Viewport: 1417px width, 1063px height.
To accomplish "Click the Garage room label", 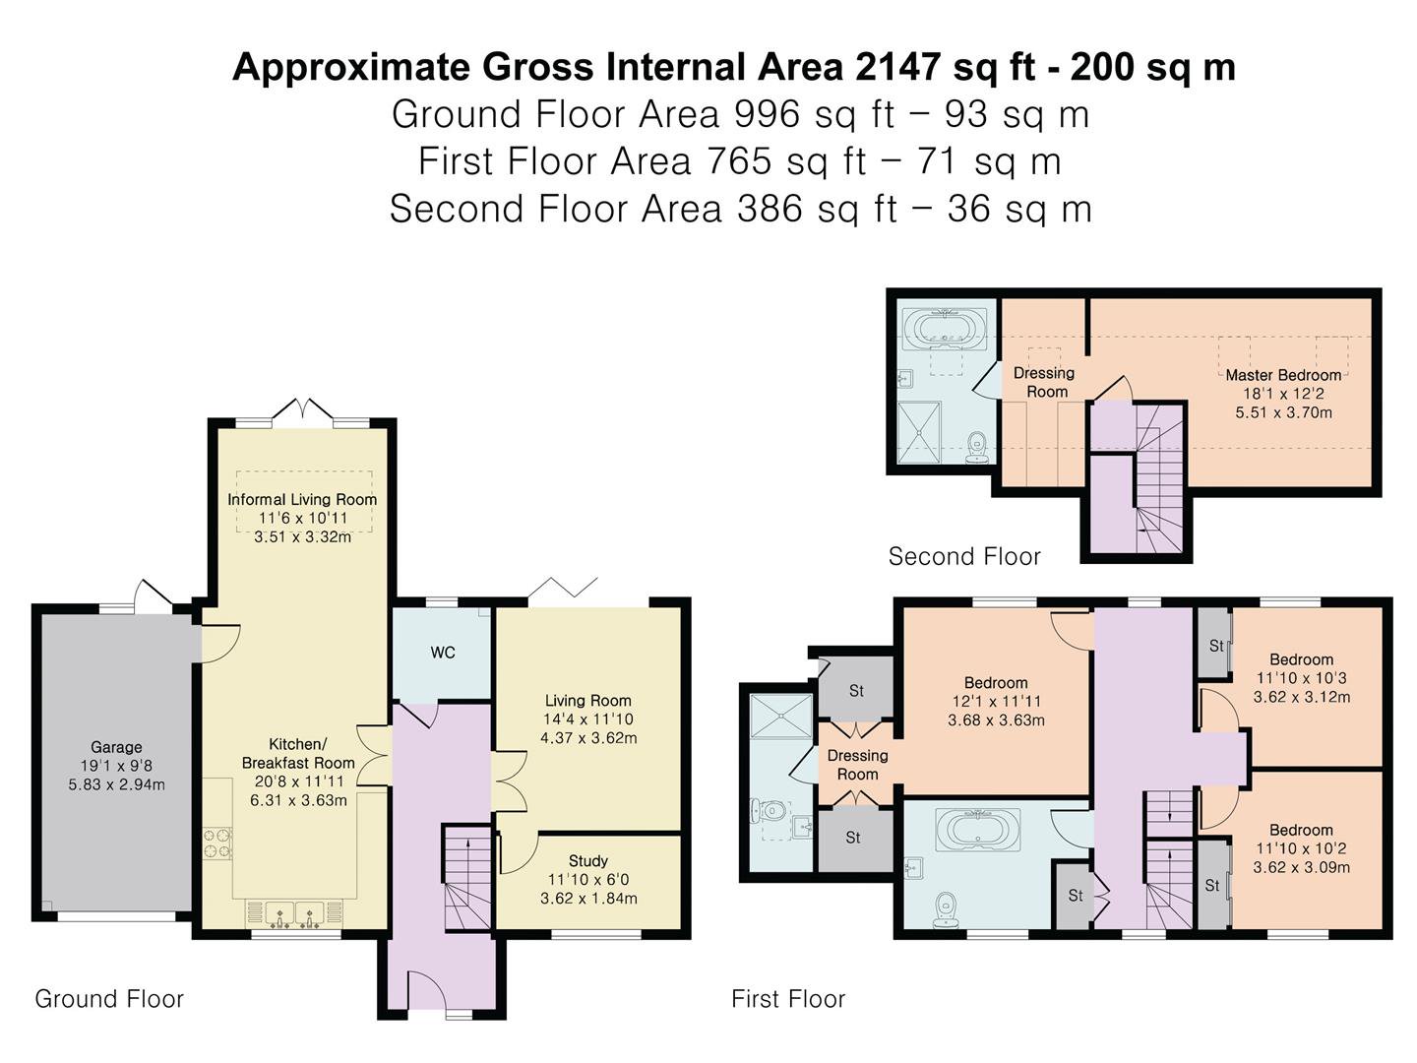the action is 116,747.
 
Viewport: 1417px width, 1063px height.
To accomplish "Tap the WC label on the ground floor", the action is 443,653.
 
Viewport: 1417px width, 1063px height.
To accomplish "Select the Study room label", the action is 588,860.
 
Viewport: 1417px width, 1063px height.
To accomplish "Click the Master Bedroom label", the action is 1283,375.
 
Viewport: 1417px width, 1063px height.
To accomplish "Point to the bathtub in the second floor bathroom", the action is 945,330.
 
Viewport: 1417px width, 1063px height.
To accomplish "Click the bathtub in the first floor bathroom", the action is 978,828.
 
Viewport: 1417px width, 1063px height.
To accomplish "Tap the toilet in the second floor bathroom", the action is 977,447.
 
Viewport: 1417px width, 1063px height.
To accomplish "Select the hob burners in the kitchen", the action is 217,844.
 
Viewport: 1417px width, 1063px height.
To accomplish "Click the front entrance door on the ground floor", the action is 427,991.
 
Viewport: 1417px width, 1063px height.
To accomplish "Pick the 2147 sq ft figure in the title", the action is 945,67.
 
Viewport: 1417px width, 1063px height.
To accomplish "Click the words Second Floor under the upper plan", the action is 964,556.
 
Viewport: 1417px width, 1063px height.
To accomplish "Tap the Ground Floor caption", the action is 109,999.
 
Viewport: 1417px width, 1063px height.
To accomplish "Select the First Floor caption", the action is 788,999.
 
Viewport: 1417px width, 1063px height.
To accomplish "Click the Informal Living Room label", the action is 302,499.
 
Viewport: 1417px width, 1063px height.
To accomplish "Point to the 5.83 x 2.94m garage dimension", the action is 117,784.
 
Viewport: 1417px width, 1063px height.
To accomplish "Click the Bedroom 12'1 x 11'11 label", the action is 996,701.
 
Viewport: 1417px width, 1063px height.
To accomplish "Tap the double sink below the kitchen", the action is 294,914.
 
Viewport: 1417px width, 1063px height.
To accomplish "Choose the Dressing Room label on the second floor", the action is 1044,382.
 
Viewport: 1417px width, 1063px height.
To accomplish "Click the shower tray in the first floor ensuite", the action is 781,716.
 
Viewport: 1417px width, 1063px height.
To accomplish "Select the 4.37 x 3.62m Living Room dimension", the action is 588,738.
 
